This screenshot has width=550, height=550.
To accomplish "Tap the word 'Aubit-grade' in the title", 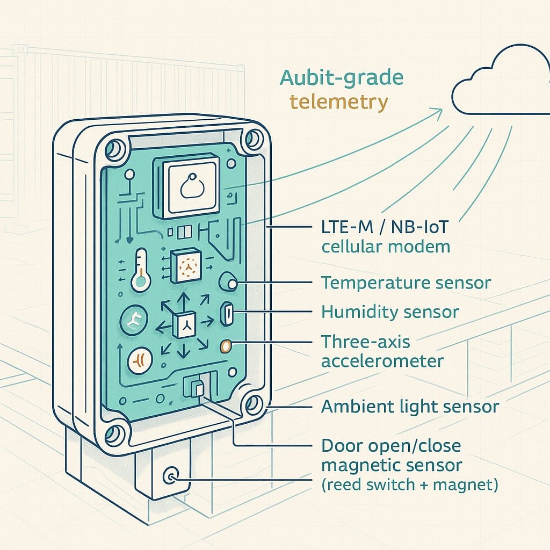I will pos(341,78).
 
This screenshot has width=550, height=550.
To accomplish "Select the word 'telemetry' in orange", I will pos(338,102).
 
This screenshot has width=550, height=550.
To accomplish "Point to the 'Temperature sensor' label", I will pos(406,283).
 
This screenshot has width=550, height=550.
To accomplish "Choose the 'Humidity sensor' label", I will pos(390,311).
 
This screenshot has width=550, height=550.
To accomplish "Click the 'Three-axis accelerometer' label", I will pos(382,351).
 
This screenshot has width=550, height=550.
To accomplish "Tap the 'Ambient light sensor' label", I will pos(410,407).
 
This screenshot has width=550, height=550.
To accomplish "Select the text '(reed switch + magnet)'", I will pos(410,484).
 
